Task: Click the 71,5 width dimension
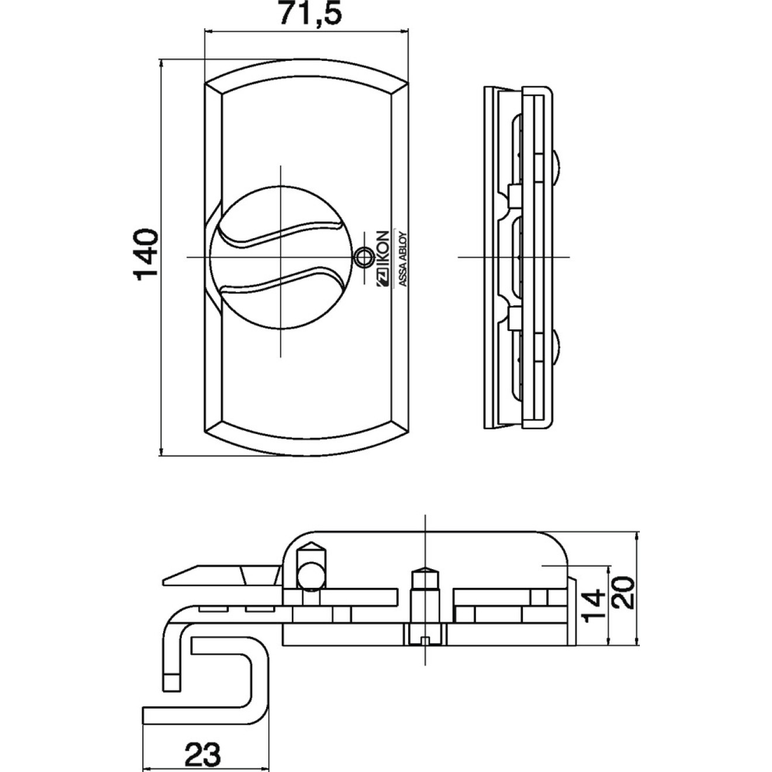309,14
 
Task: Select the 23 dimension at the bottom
203,754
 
